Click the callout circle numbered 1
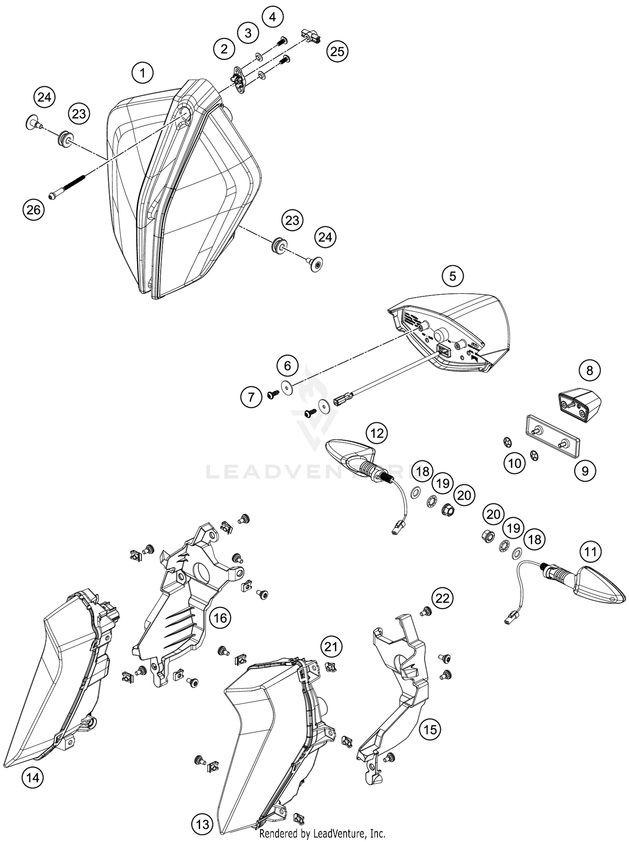pos(143,73)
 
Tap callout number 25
pos(337,51)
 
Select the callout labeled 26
pos(33,209)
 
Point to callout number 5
pos(452,276)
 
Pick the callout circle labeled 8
pos(590,370)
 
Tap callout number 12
pos(377,433)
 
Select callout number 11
pos(590,552)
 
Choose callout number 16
pos(220,617)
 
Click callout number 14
pos(33,778)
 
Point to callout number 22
pos(442,598)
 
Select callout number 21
pos(331,647)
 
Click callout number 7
pos(251,396)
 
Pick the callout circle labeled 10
pos(515,463)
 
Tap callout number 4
pos(273,17)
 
